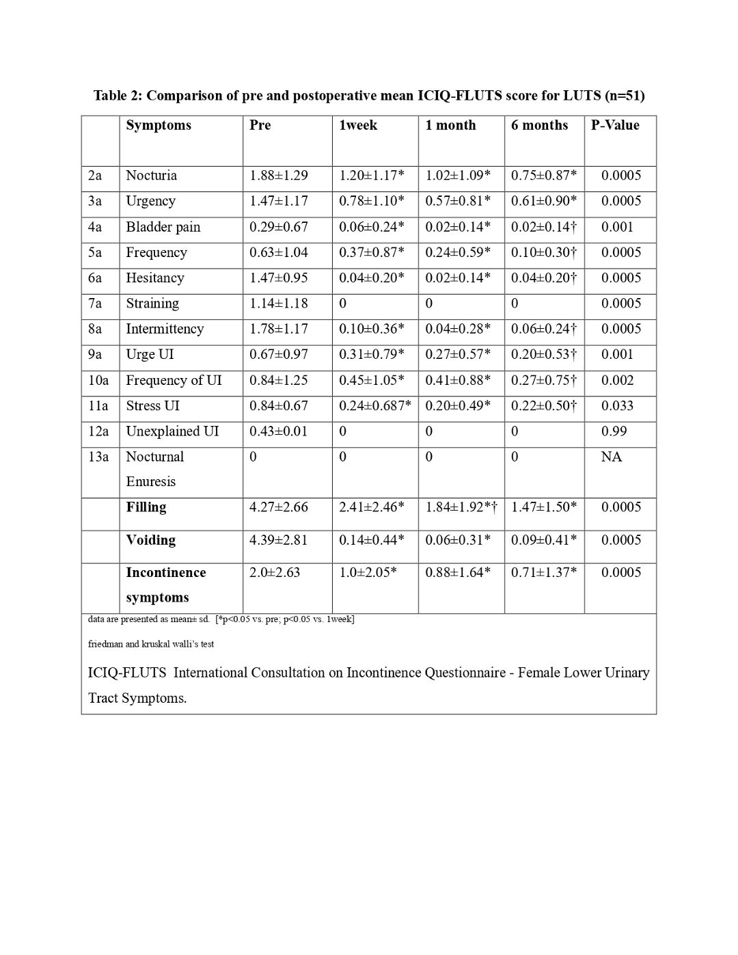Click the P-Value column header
point(615,125)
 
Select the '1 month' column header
point(450,125)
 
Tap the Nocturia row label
point(151,176)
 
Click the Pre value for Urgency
point(278,201)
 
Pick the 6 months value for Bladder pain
point(543,227)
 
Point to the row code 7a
point(95,304)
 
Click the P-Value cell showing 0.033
point(617,406)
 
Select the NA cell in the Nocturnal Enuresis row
point(611,457)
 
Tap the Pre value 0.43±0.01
point(278,431)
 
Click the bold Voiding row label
point(150,540)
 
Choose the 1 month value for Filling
point(461,507)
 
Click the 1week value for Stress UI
point(374,406)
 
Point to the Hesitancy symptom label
point(154,278)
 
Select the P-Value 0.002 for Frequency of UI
point(617,380)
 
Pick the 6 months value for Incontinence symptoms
point(543,573)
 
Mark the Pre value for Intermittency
point(278,329)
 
